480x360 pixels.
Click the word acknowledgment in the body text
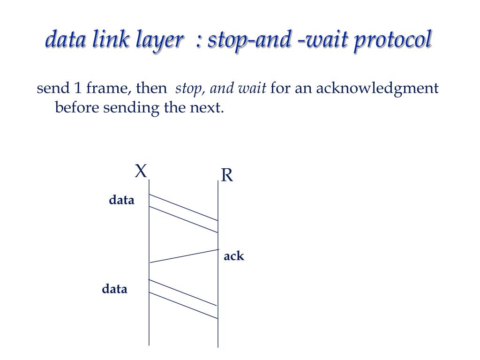[378, 89]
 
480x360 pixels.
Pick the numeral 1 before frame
[78, 88]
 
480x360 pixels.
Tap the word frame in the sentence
[109, 88]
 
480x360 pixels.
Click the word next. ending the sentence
[206, 108]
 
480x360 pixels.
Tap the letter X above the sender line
[141, 171]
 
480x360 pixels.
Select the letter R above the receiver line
[227, 175]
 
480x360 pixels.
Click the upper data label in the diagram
[121, 200]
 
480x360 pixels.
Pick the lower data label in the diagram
[115, 289]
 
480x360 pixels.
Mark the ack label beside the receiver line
[234, 256]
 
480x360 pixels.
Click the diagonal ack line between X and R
[184, 256]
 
